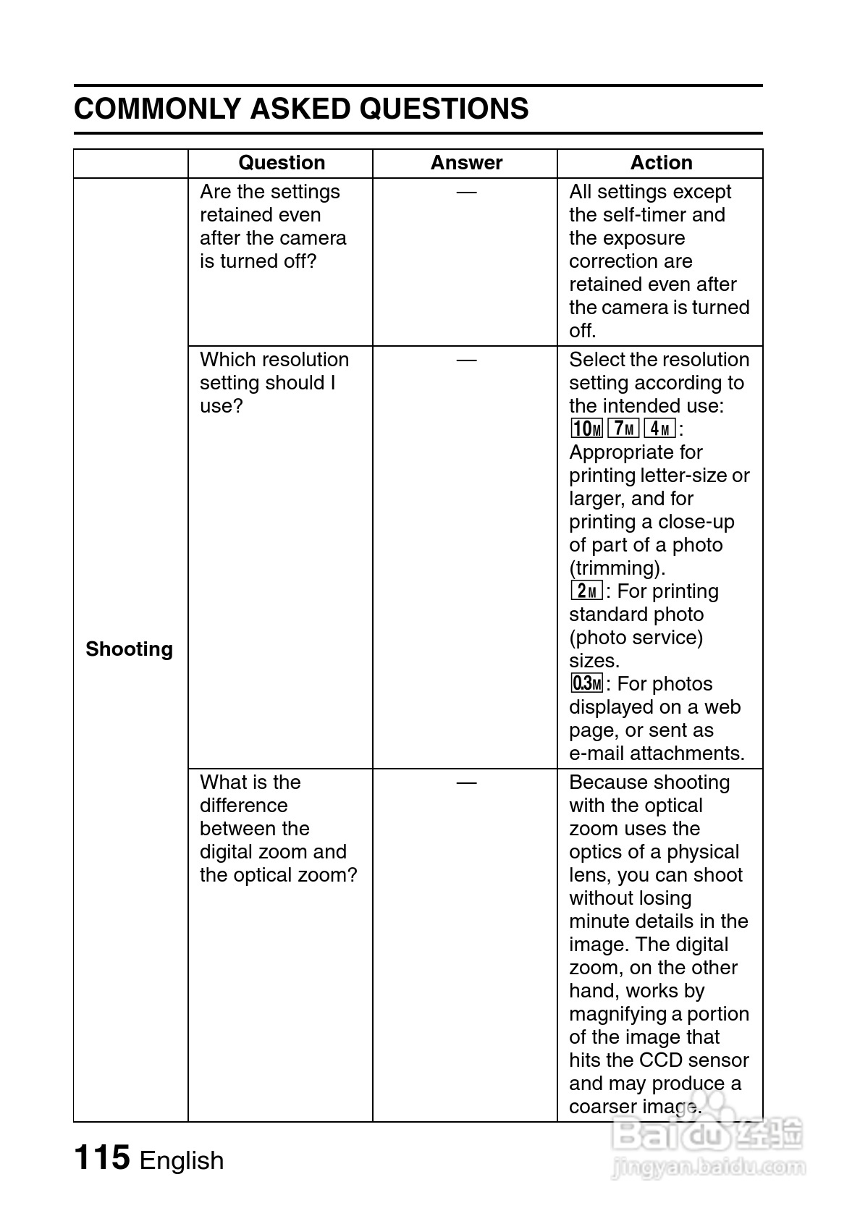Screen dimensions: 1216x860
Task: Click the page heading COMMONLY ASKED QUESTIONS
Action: pyautogui.click(x=301, y=109)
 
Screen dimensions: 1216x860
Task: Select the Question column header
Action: pyautogui.click(x=282, y=163)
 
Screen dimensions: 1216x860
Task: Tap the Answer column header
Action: pyautogui.click(x=466, y=163)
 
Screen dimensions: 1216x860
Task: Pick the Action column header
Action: pyautogui.click(x=661, y=163)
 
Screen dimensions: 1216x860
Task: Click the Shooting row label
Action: pyautogui.click(x=130, y=649)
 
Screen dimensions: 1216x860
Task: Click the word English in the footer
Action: pyautogui.click(x=182, y=1160)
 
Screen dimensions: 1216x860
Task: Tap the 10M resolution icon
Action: pyautogui.click(x=586, y=429)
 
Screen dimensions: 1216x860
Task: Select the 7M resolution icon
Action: pyautogui.click(x=623, y=428)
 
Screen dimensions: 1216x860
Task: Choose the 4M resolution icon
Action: pyautogui.click(x=659, y=428)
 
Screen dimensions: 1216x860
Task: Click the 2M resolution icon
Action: pyautogui.click(x=586, y=591)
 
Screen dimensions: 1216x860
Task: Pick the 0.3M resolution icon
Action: pyautogui.click(x=586, y=683)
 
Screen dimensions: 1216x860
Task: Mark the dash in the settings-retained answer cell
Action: pyautogui.click(x=466, y=192)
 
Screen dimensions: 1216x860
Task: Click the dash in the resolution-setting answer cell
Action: pyautogui.click(x=466, y=360)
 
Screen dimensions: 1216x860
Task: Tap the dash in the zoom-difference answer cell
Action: pyautogui.click(x=466, y=782)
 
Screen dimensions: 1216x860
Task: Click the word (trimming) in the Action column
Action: pyautogui.click(x=617, y=568)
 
